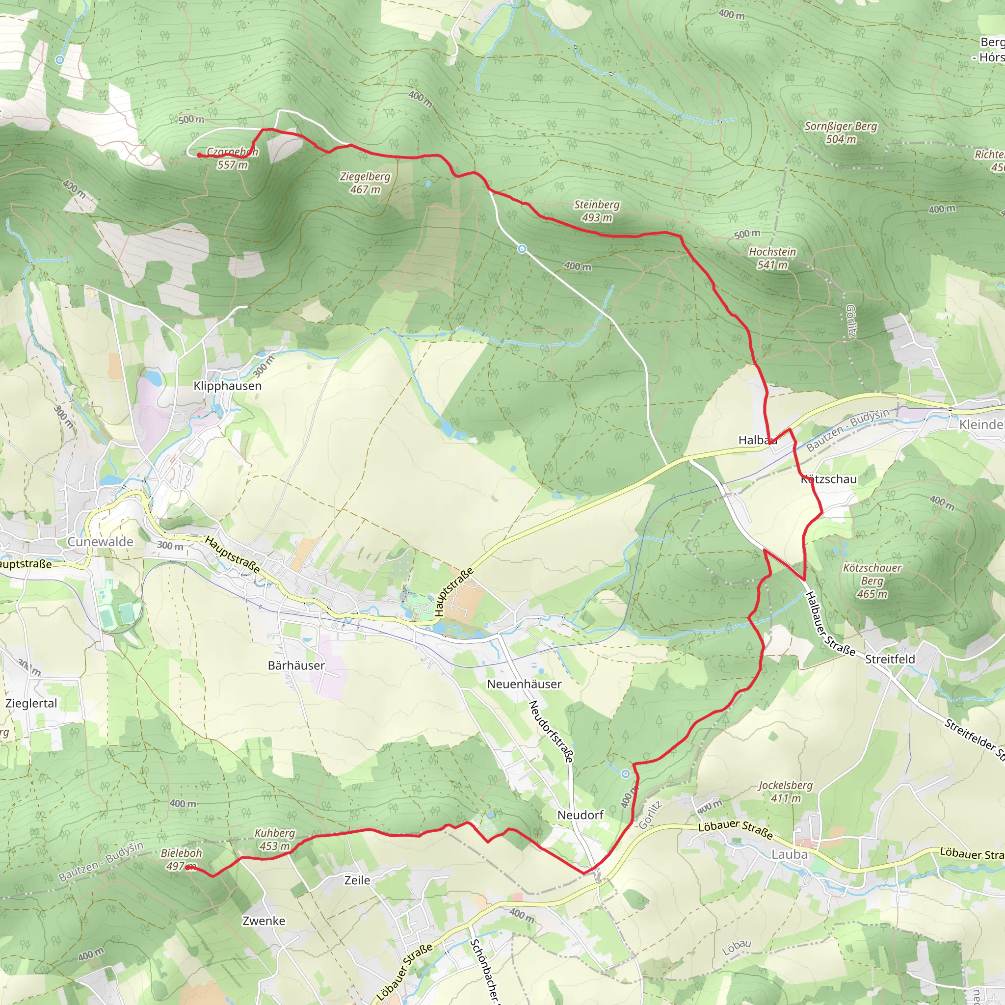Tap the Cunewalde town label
(101, 542)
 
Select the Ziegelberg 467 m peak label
(365, 183)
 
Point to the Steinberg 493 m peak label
(597, 211)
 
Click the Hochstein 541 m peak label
(772, 258)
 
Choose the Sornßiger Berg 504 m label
(841, 132)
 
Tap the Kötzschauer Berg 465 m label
(873, 581)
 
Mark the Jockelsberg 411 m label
(786, 791)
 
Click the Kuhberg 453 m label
(275, 840)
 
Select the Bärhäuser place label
(296, 665)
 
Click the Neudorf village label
(581, 815)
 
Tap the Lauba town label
(790, 854)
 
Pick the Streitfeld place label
(890, 659)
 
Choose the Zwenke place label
(264, 921)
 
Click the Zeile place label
(357, 880)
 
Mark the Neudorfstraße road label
(551, 731)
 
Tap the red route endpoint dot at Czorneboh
(199, 155)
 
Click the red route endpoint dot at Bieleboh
(187, 868)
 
